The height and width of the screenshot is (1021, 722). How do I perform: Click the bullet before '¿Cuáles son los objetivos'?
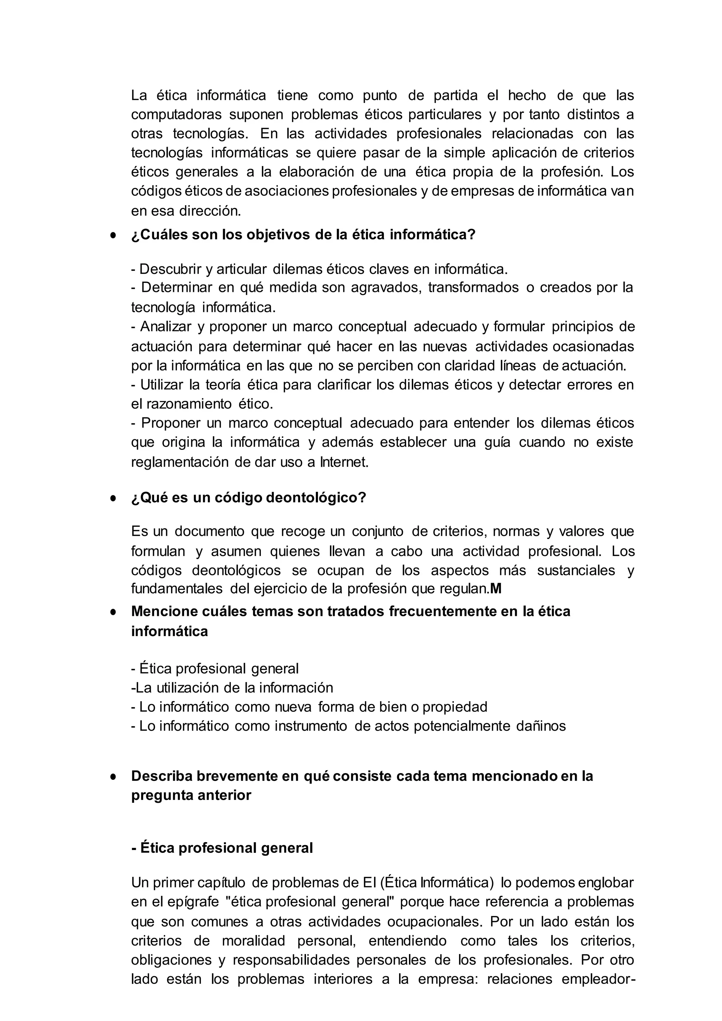click(114, 235)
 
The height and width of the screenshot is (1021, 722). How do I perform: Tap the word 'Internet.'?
click(344, 462)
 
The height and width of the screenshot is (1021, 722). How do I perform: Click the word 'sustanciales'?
click(576, 570)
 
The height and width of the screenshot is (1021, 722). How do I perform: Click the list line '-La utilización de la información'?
click(232, 687)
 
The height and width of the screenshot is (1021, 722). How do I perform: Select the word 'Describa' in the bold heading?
click(161, 776)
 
